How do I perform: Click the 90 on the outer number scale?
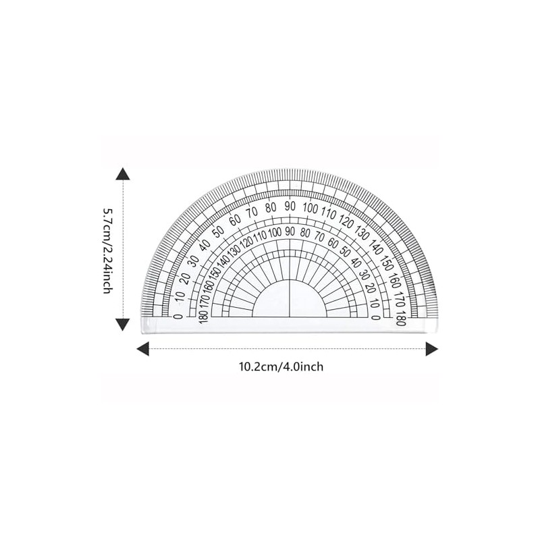click(289, 206)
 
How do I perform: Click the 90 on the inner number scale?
click(289, 232)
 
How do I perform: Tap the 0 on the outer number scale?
click(178, 316)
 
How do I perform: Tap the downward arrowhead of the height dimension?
click(122, 324)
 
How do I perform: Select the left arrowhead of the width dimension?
click(143, 348)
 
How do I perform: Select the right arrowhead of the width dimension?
click(431, 348)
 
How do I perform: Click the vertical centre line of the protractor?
click(289, 297)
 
